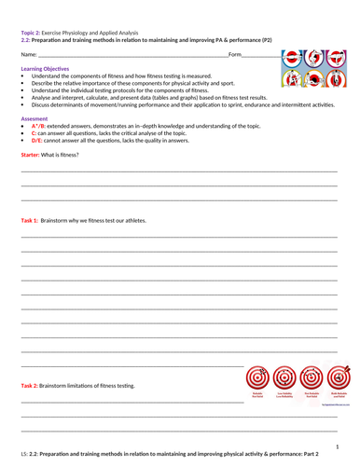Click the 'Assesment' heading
click(35, 119)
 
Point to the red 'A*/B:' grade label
click(41, 126)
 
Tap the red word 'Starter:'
click(33, 153)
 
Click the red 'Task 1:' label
click(33, 220)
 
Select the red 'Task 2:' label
click(33, 386)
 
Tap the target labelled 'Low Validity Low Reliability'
click(285, 378)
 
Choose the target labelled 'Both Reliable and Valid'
click(339, 378)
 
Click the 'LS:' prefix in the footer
click(24, 458)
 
